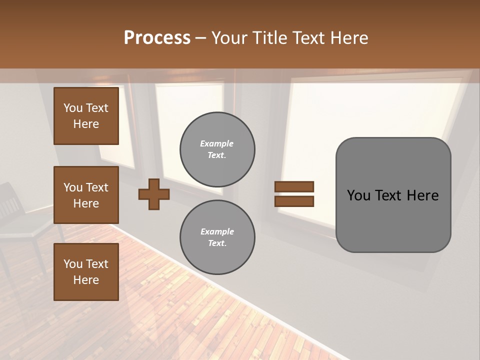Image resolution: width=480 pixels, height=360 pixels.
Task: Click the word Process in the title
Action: pyautogui.click(x=157, y=38)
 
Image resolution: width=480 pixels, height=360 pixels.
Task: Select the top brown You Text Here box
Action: pyautogui.click(x=86, y=116)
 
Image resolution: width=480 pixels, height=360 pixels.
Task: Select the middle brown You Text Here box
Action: pyautogui.click(x=86, y=195)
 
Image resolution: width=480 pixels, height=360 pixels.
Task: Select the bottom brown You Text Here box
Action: pyautogui.click(x=86, y=272)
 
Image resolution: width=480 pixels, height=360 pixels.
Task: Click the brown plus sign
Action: pyautogui.click(x=154, y=194)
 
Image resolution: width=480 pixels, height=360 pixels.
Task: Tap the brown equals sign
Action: pyautogui.click(x=294, y=194)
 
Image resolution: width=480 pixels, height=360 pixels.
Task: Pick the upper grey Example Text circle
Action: pyautogui.click(x=217, y=149)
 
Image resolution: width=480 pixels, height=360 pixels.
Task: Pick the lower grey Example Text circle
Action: pyautogui.click(x=217, y=237)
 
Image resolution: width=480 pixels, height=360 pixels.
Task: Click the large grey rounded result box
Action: pyautogui.click(x=393, y=195)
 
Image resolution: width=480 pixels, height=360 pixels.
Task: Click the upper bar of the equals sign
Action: pyautogui.click(x=294, y=186)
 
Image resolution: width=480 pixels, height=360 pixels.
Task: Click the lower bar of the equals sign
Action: pyautogui.click(x=294, y=201)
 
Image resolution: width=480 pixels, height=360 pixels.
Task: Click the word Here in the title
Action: pyautogui.click(x=350, y=38)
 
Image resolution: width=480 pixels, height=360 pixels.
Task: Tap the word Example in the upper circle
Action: pyautogui.click(x=217, y=143)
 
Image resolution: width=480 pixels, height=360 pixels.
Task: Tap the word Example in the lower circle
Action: pyautogui.click(x=217, y=231)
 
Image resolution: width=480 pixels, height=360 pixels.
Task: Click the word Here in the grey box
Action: pyautogui.click(x=422, y=195)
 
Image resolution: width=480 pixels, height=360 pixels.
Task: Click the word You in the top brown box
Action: pyautogui.click(x=73, y=108)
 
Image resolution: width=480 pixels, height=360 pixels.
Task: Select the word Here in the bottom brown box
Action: pyautogui.click(x=86, y=280)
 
